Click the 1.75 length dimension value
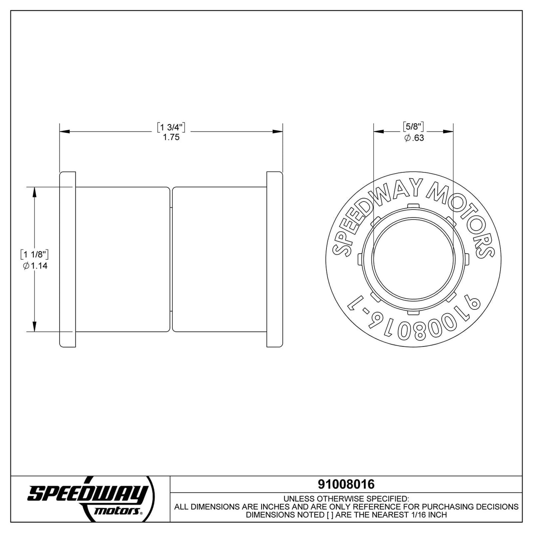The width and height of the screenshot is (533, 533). (171, 137)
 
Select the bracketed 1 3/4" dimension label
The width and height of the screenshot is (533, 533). (171, 127)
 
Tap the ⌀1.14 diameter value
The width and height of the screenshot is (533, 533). (35, 266)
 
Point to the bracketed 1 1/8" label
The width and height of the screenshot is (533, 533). (35, 254)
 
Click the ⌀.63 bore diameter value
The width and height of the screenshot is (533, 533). (414, 138)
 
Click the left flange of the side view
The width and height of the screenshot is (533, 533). (68, 259)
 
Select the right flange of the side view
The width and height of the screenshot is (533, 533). (274, 259)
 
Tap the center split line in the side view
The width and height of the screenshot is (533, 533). (172, 259)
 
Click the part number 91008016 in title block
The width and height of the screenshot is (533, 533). (346, 484)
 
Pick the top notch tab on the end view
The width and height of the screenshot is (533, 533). (413, 205)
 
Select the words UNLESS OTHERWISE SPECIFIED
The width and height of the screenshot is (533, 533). (346, 498)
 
